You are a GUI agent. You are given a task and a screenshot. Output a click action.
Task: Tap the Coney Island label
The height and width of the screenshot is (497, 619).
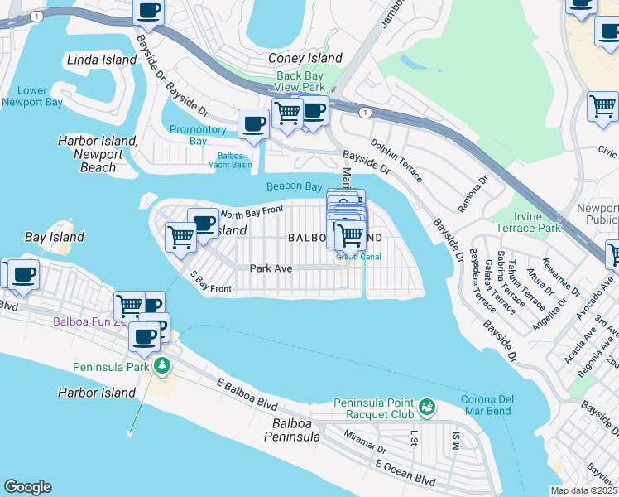305,59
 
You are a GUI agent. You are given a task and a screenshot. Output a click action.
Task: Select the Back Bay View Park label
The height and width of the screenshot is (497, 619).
300,81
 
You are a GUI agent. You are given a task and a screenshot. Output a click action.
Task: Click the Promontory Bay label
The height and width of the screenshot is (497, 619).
198,135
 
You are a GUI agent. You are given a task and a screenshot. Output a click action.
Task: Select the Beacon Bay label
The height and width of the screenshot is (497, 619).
294,186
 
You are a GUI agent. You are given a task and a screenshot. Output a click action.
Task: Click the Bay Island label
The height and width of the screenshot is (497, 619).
55,237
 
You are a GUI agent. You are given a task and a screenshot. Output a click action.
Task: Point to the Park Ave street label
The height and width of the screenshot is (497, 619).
271,268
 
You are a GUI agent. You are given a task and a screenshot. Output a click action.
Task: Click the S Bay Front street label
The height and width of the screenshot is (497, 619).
209,282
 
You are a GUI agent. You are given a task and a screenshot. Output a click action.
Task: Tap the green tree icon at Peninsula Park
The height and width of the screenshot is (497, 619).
164,365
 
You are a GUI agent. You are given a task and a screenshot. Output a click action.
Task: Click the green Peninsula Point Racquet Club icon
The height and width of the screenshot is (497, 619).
426,406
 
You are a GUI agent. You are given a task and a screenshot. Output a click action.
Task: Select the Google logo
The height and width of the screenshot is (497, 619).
27,487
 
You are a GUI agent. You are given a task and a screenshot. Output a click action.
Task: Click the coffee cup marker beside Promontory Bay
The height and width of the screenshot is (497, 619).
253,124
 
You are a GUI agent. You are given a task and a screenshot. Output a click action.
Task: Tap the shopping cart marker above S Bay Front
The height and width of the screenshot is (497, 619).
180,237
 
